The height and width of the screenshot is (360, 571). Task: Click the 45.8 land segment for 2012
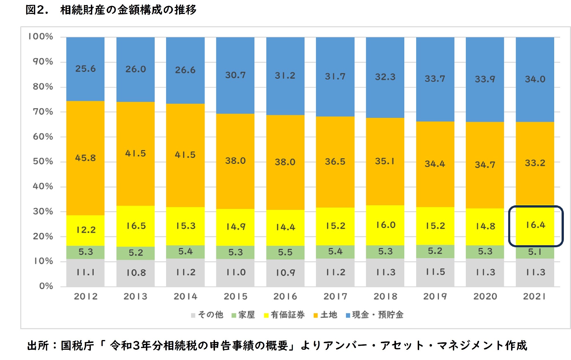click(85, 158)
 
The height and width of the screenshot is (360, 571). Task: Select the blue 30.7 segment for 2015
click(235, 75)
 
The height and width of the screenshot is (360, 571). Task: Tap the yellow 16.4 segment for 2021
click(535, 225)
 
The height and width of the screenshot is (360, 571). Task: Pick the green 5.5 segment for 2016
click(285, 252)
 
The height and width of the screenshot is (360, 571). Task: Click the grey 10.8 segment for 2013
click(136, 273)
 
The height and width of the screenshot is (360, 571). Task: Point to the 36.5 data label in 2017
click(335, 162)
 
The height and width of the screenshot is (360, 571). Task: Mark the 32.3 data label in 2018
click(385, 77)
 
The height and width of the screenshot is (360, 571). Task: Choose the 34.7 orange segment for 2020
click(485, 165)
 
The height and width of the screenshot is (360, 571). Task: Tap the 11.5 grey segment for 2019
click(435, 272)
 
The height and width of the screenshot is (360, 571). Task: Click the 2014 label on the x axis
click(185, 297)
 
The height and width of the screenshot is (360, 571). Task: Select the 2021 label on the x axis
click(534, 297)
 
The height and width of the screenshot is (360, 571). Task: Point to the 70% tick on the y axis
click(43, 112)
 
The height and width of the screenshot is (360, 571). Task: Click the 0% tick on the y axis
click(46, 286)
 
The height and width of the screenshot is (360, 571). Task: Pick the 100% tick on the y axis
click(41, 37)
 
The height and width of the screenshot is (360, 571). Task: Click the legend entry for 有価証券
click(284, 315)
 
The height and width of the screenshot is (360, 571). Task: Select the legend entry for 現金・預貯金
click(374, 315)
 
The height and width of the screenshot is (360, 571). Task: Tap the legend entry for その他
click(207, 315)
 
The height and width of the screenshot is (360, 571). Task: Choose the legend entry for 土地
click(325, 315)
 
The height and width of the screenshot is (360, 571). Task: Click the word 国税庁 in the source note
click(77, 346)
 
